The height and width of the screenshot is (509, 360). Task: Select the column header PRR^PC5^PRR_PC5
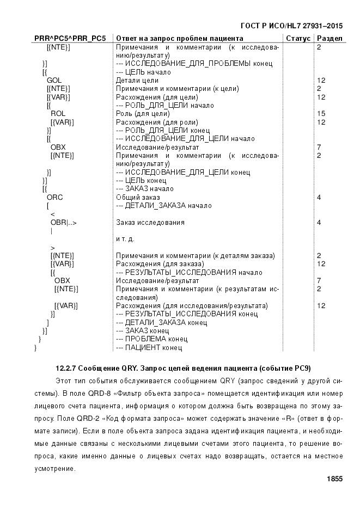pyautogui.click(x=70, y=39)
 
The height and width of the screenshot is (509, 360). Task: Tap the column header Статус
pyautogui.click(x=298, y=39)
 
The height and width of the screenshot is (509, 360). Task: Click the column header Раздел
pyautogui.click(x=330, y=39)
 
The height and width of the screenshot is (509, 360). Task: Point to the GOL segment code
pyautogui.click(x=54, y=81)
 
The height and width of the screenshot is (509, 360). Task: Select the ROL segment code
pyautogui.click(x=58, y=114)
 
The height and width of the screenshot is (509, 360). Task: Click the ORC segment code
pyautogui.click(x=55, y=197)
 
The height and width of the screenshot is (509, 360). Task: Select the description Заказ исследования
pyautogui.click(x=150, y=222)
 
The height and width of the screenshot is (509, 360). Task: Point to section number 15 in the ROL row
pyautogui.click(x=321, y=114)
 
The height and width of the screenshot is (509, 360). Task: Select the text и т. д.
pyautogui.click(x=125, y=239)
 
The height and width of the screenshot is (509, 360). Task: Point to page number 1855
pyautogui.click(x=334, y=479)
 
